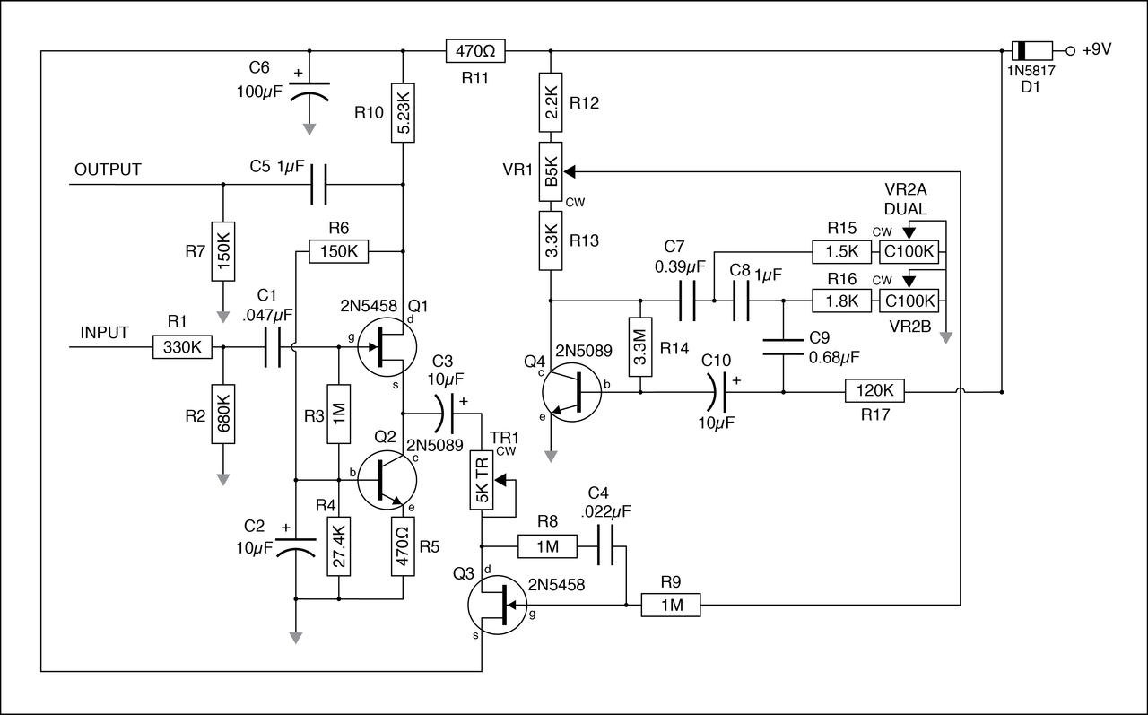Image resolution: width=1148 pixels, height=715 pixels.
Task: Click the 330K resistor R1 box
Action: (x=182, y=347)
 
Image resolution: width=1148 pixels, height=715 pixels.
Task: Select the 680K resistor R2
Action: (x=223, y=414)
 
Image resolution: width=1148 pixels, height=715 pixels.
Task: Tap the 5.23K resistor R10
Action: (x=404, y=112)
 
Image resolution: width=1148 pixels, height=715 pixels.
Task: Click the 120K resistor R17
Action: (x=874, y=391)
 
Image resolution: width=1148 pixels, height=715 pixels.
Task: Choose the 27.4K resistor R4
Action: (x=338, y=546)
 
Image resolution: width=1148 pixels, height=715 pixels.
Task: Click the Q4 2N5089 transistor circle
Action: (x=571, y=391)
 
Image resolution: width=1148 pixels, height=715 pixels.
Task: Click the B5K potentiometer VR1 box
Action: (x=550, y=170)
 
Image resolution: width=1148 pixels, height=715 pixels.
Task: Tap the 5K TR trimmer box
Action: (x=483, y=480)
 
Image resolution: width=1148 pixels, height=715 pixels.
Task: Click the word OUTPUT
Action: (x=108, y=170)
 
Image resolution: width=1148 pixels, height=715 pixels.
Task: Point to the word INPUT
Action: (x=105, y=333)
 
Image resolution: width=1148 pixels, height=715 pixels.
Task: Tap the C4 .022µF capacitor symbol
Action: (x=611, y=545)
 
